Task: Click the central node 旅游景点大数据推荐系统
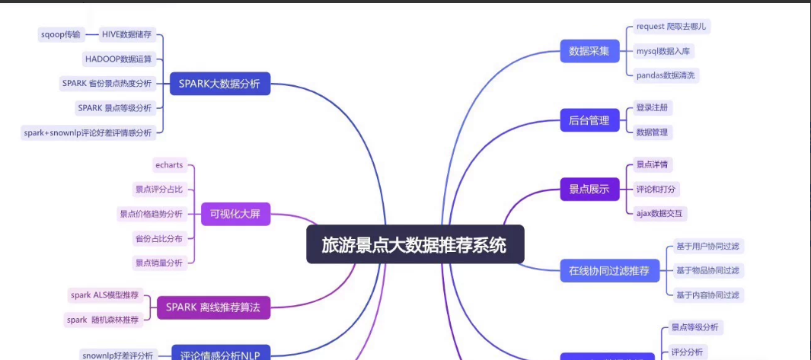[x=415, y=244]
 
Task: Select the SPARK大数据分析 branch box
[x=219, y=84]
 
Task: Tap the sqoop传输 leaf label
[x=60, y=34]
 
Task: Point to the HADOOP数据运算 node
[x=117, y=59]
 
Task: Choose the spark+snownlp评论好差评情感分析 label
[x=88, y=132]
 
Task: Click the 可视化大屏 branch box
[x=235, y=214]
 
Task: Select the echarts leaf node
[x=169, y=164]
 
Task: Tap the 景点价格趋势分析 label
[x=152, y=214]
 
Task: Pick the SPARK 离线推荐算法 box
[x=213, y=307]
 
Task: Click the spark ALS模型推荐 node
[x=105, y=295]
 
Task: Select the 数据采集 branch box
[x=589, y=51]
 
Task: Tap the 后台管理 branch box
[x=589, y=119]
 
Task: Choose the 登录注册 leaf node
[x=653, y=107]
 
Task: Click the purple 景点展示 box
[x=589, y=190]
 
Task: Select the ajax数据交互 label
[x=660, y=213]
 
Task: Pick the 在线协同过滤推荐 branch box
[x=609, y=270]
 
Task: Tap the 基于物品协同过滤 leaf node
[x=707, y=270]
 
